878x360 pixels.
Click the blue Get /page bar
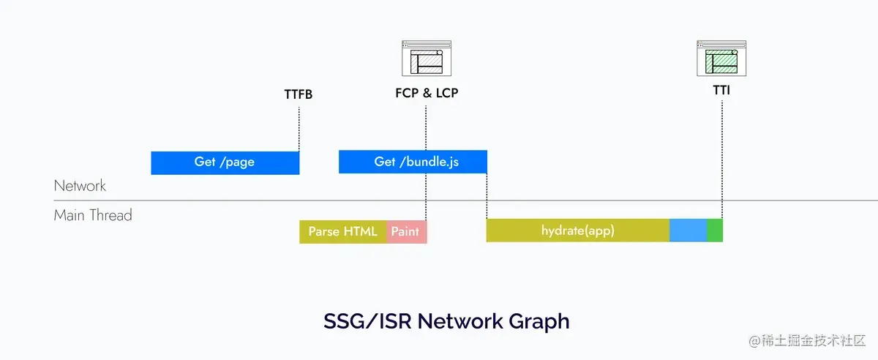(x=225, y=162)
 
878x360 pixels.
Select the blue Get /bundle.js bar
(x=413, y=162)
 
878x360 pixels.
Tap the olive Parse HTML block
(x=342, y=231)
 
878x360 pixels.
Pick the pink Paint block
(x=406, y=231)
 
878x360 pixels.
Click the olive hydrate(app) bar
(x=577, y=230)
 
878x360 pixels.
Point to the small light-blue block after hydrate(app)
(x=688, y=230)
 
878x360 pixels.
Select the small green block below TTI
(x=715, y=230)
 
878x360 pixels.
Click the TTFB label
(x=299, y=94)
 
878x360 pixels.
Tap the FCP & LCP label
(x=427, y=94)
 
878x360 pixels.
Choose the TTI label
(x=721, y=91)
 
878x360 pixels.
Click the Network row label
(x=80, y=186)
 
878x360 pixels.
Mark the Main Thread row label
(x=93, y=215)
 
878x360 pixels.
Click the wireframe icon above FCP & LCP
(x=427, y=59)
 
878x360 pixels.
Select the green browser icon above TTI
(x=721, y=59)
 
